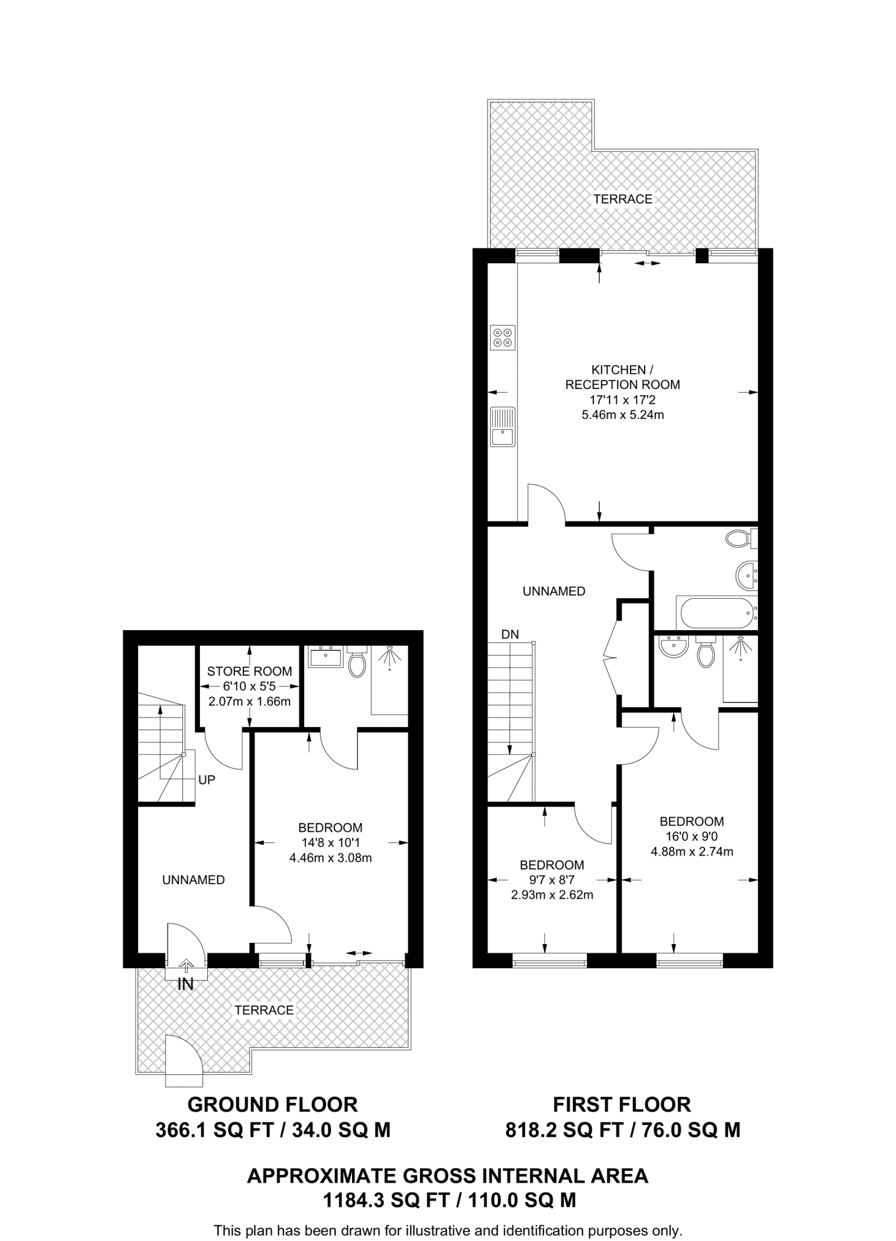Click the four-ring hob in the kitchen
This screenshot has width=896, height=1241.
503,338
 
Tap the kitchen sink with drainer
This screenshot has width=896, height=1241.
503,427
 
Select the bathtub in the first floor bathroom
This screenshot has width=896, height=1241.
717,614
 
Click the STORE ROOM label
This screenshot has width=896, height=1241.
250,671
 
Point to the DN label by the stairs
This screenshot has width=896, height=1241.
510,634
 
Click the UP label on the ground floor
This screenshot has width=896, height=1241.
207,780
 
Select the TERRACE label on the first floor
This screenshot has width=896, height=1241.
623,199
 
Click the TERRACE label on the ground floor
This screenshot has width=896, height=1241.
264,1010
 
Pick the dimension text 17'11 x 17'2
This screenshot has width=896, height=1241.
622,400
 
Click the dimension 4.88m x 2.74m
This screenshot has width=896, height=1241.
692,851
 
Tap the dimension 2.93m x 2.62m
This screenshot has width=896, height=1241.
552,895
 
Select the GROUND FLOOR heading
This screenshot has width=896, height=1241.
273,1105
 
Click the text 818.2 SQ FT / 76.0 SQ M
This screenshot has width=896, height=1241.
623,1130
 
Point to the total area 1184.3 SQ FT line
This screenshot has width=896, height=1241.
449,1200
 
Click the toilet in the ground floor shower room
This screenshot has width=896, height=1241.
357,663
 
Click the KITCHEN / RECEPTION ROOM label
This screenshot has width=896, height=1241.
622,377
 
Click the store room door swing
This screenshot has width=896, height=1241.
223,751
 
